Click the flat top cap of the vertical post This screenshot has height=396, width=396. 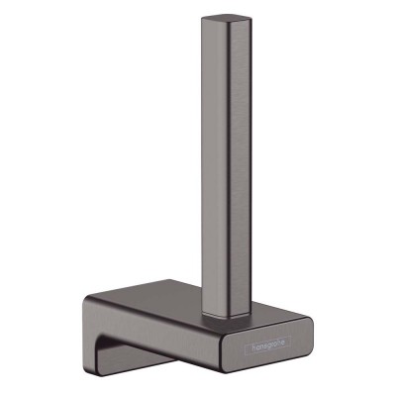(221, 20)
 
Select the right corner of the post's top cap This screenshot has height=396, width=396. (242, 22)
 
